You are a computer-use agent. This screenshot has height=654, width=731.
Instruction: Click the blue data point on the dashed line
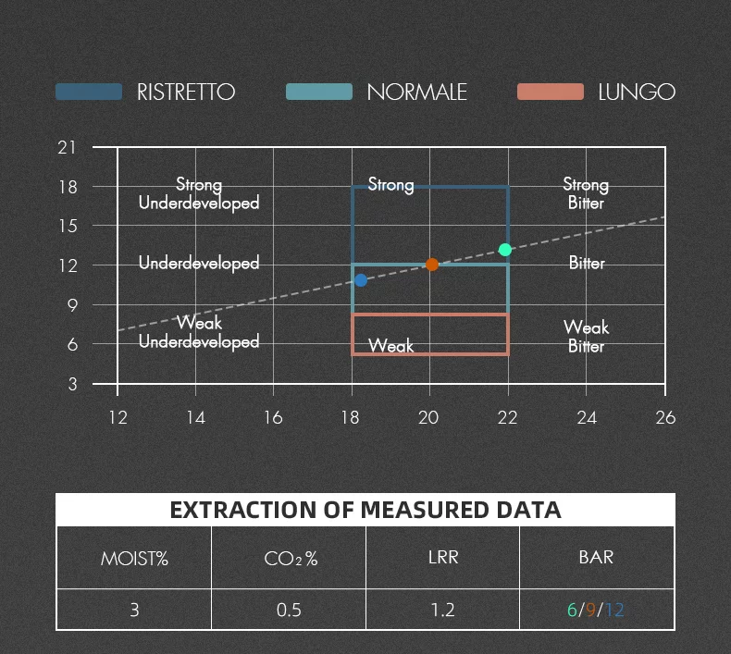[361, 280]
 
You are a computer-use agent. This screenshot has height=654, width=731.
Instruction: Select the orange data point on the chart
[432, 265]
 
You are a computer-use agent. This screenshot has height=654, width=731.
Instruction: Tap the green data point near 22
[505, 250]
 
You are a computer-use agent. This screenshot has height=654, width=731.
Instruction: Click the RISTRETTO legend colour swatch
[89, 92]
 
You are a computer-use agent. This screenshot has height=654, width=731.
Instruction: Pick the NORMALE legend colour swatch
[319, 92]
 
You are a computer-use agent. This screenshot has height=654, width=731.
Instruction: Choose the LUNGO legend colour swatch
[551, 92]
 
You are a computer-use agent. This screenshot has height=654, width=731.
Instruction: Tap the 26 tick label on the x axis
[664, 417]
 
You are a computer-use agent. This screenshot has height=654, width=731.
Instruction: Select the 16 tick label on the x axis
[273, 417]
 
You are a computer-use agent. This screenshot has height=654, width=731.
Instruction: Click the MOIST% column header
[134, 558]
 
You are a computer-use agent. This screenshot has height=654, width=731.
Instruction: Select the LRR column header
[443, 557]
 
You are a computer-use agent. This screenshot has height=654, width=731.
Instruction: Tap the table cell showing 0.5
[289, 611]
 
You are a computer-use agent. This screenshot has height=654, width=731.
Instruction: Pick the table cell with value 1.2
[443, 611]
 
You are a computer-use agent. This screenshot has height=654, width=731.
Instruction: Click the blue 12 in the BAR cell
[614, 611]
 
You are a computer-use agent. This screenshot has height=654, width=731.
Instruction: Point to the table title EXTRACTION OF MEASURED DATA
[365, 510]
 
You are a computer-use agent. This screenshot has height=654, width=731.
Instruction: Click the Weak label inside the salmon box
[390, 346]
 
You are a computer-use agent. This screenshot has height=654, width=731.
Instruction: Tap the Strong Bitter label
[586, 194]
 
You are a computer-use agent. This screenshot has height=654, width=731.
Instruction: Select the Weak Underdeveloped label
[199, 333]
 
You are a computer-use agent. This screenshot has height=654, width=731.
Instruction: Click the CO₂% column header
[289, 558]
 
